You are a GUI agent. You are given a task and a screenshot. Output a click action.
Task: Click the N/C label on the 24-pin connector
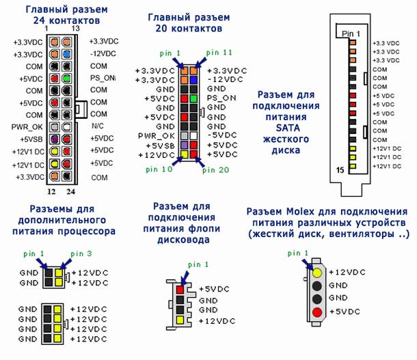pyautogui.click(x=98, y=126)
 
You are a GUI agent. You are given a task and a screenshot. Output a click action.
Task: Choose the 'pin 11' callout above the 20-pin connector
pyautogui.click(x=219, y=53)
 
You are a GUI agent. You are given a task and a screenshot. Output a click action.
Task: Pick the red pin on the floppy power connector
pyautogui.click(x=180, y=289)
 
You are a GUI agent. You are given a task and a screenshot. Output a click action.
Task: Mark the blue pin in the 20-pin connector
pyautogui.click(x=193, y=79)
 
